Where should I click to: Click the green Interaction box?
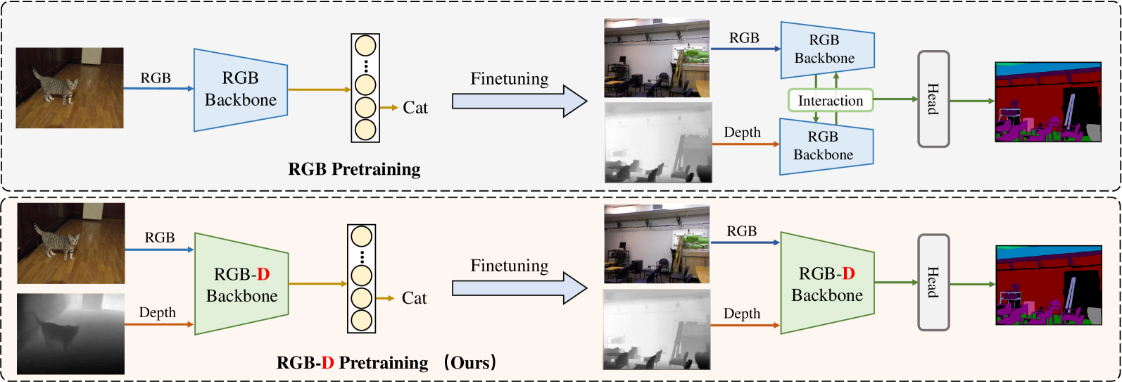pos(831,101)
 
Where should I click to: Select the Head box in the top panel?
pos(933,99)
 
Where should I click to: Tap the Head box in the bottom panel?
pos(933,282)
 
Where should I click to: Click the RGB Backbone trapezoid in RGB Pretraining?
pos(240,90)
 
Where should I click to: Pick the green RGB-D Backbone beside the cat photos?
pos(241,284)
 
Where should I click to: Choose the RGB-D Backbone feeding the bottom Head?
pos(827,283)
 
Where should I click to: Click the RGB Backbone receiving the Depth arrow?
pos(826,146)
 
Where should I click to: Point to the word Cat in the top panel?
pos(415,108)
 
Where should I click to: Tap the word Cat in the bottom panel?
pos(415,298)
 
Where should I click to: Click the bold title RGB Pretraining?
pos(354,169)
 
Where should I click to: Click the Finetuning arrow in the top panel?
pos(519,101)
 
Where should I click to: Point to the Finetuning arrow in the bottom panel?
pos(519,288)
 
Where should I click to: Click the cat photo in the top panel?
pos(70,88)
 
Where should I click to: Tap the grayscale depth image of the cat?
pos(70,333)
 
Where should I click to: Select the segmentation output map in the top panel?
pos(1047,102)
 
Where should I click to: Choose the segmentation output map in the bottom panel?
pos(1047,285)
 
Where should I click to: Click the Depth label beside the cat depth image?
pos(158,312)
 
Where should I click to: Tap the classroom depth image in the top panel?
pos(658,143)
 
